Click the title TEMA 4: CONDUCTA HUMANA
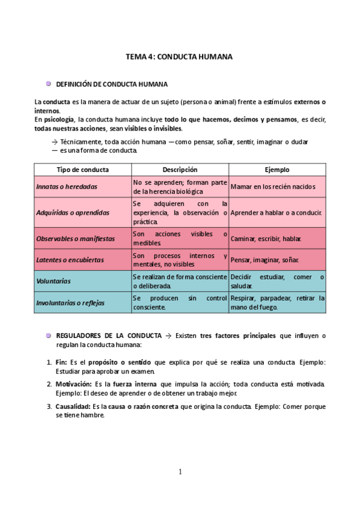click(x=179, y=57)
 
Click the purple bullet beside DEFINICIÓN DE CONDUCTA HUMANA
click(x=48, y=84)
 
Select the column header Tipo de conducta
click(x=82, y=170)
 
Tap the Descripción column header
click(x=180, y=170)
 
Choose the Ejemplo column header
click(x=277, y=170)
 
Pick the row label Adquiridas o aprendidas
click(x=73, y=213)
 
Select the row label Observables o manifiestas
click(x=75, y=239)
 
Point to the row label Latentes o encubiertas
click(x=70, y=260)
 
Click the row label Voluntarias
click(x=53, y=281)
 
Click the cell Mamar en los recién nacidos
click(x=272, y=186)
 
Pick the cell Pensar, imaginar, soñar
click(x=264, y=260)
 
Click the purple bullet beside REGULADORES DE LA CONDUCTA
click(x=48, y=335)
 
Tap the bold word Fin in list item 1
click(x=61, y=363)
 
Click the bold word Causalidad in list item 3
click(x=73, y=407)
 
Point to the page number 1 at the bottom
click(x=180, y=472)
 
